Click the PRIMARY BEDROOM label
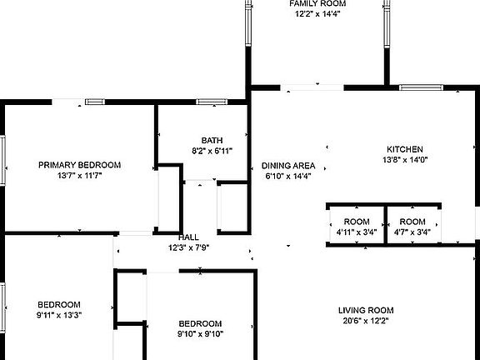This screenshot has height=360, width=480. [80, 165]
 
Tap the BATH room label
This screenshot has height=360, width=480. [212, 141]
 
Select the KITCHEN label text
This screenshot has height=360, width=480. [405, 149]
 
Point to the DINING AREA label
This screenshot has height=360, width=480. [288, 166]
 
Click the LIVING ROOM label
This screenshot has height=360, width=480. [366, 310]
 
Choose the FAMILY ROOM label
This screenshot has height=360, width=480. [317, 3]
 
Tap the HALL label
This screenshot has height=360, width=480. [188, 237]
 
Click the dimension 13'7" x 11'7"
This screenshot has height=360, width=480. [80, 176]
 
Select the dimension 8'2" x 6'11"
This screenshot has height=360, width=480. [212, 151]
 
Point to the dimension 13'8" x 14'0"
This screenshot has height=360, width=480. [405, 160]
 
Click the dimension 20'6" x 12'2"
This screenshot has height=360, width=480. [366, 321]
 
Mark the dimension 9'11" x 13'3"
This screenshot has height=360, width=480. [59, 315]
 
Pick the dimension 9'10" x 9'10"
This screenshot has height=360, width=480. [200, 334]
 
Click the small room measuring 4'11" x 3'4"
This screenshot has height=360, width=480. [357, 227]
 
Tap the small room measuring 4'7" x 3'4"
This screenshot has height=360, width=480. [412, 227]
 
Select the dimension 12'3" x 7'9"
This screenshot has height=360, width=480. [188, 247]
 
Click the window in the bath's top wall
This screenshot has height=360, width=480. [212, 102]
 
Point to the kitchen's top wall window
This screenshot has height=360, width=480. [421, 87]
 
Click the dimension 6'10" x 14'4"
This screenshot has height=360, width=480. [288, 176]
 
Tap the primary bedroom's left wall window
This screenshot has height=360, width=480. [2, 160]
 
